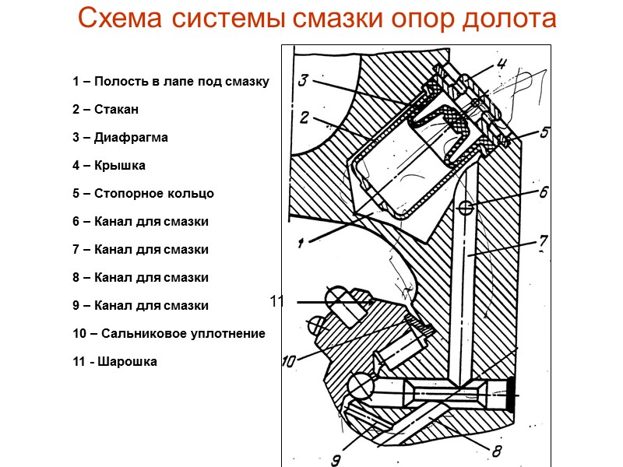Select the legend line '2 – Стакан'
click(105, 110)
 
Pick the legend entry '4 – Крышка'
click(108, 166)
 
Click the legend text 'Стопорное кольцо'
click(153, 194)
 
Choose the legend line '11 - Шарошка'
click(114, 361)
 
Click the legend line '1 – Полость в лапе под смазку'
click(170, 82)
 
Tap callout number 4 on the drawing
click(502, 65)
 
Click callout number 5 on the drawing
click(545, 132)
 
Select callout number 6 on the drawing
click(544, 191)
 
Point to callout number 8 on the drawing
click(496, 450)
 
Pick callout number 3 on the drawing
click(304, 80)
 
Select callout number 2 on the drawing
click(305, 118)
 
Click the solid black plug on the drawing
click(512, 395)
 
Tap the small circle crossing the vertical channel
click(466, 207)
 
